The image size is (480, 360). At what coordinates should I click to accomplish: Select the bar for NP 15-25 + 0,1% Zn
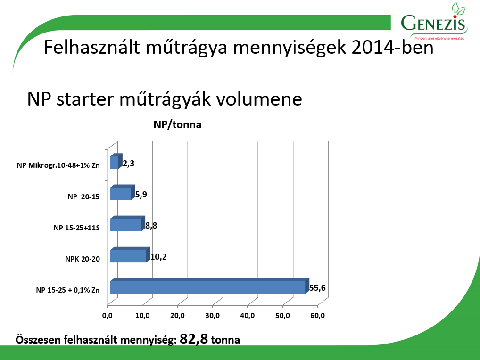(x=210, y=286)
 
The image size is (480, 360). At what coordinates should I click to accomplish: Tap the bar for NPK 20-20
(x=130, y=255)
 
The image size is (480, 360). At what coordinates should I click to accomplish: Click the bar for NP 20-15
(x=123, y=192)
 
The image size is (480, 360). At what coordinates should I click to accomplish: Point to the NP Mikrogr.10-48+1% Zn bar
(x=116, y=161)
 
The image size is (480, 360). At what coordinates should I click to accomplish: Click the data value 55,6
(x=317, y=288)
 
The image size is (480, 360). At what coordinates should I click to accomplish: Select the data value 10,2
(x=158, y=257)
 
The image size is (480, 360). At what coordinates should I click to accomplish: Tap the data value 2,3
(x=129, y=164)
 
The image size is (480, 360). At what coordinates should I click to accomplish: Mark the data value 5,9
(x=141, y=195)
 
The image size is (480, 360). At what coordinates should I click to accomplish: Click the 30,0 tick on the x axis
(x=213, y=315)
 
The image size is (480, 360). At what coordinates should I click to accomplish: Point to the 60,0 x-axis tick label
(x=318, y=315)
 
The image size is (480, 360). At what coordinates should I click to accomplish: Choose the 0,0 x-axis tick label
(x=107, y=315)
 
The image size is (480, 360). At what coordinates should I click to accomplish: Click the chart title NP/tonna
(x=178, y=125)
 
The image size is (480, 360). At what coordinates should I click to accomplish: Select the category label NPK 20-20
(x=83, y=259)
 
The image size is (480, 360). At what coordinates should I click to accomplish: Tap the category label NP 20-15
(x=84, y=196)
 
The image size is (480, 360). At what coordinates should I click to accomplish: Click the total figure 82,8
(x=194, y=339)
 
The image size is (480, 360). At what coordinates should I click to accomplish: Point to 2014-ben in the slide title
(x=393, y=48)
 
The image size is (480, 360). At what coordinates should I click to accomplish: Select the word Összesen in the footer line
(x=38, y=340)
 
